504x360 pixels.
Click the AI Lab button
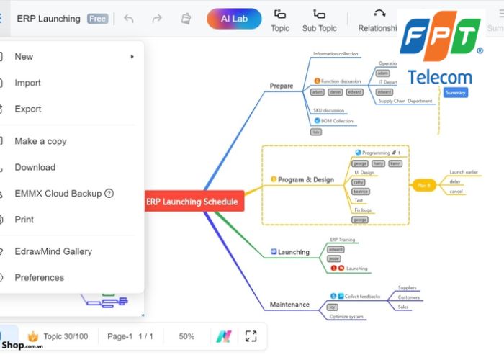pos(234,19)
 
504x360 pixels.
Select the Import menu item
pos(28,83)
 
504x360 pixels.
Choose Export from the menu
pos(28,109)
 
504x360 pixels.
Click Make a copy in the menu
pos(40,141)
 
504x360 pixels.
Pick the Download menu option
pos(35,167)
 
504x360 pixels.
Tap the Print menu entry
pos(24,220)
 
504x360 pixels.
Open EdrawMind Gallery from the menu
pos(53,251)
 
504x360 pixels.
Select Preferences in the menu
pos(40,277)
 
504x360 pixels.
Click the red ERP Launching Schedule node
pos(192,202)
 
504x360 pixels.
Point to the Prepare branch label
pos(282,86)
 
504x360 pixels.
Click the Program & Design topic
pos(305,179)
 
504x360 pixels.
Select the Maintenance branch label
pos(289,305)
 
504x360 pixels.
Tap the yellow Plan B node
pos(424,185)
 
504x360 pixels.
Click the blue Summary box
pos(456,92)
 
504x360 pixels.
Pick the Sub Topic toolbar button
pos(319,20)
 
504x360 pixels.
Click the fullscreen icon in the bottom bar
pos(251,336)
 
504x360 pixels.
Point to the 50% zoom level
pos(186,336)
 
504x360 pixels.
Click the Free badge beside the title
pos(97,19)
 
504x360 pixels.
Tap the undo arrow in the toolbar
pos(129,19)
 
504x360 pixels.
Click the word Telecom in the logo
pos(439,78)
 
